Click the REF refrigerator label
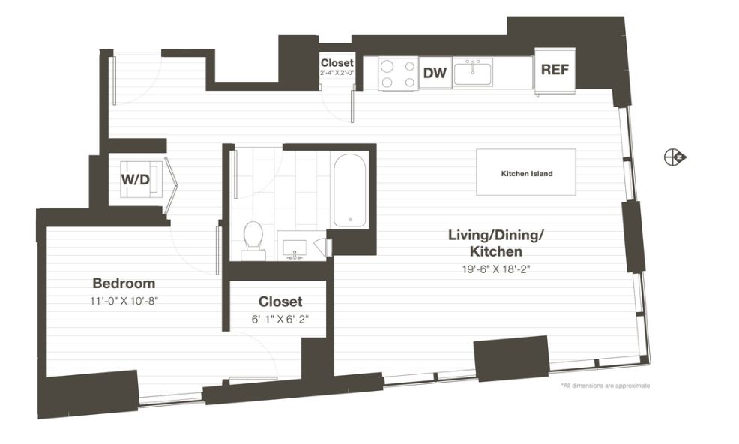pyautogui.click(x=555, y=70)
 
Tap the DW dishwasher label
pyautogui.click(x=435, y=73)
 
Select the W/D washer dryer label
pyautogui.click(x=135, y=179)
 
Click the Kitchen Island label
pyautogui.click(x=526, y=174)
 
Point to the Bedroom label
pyautogui.click(x=124, y=283)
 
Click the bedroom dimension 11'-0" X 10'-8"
pyautogui.click(x=124, y=301)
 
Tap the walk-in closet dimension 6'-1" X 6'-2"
pyautogui.click(x=280, y=319)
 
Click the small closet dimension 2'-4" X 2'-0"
pyautogui.click(x=337, y=73)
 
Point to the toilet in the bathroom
pyautogui.click(x=253, y=241)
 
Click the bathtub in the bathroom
pyautogui.click(x=349, y=190)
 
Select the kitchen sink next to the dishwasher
pyautogui.click(x=473, y=72)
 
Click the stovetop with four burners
pyautogui.click(x=399, y=73)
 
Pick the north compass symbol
pyautogui.click(x=675, y=157)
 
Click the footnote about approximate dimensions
pyautogui.click(x=606, y=385)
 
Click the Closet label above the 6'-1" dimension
pyautogui.click(x=280, y=301)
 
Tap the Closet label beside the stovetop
pyautogui.click(x=337, y=63)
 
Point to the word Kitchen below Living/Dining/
pyautogui.click(x=496, y=251)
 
